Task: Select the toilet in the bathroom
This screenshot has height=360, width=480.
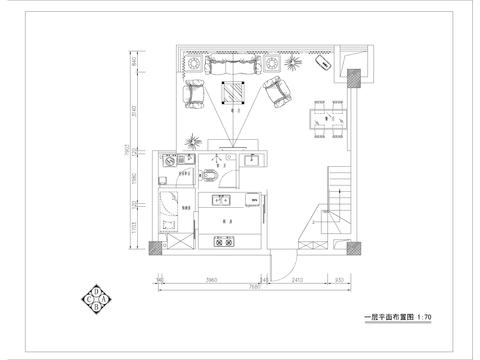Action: pos(213,176)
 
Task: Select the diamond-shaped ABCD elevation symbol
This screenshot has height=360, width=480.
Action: pos(96,298)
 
